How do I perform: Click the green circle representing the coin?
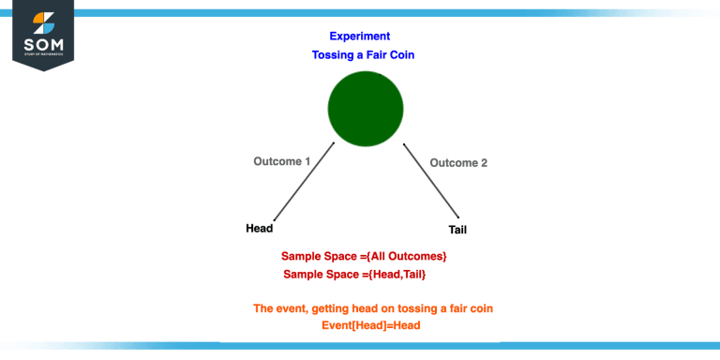(x=366, y=110)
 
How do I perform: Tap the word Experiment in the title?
(x=359, y=37)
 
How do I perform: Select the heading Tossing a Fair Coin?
(x=364, y=55)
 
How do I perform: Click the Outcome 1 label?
(x=281, y=161)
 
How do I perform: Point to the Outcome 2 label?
(x=458, y=163)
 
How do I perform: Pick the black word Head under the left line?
(x=260, y=229)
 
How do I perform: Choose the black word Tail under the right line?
(x=457, y=230)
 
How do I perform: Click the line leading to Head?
(x=304, y=182)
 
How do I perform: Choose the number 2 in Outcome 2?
(x=484, y=163)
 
